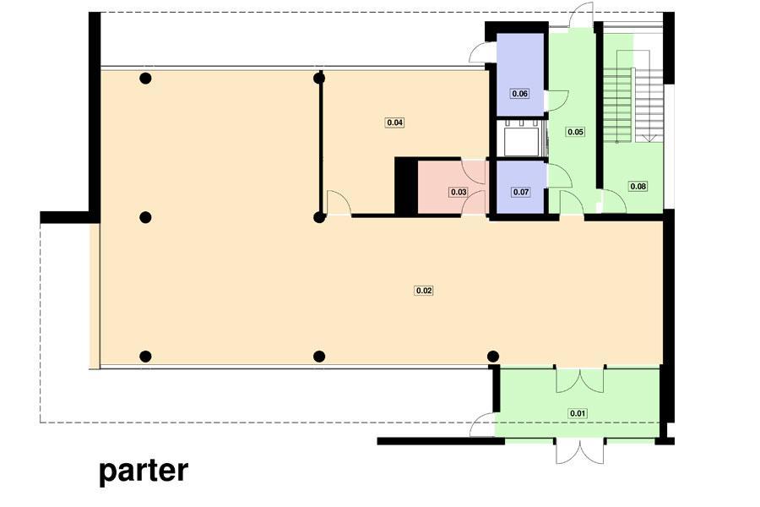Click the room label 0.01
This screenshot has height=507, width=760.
[x=578, y=413]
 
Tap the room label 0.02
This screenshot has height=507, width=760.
[x=424, y=291]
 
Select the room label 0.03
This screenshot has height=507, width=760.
[x=459, y=192]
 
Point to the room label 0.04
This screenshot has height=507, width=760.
[x=395, y=123]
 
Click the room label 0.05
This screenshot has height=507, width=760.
[x=575, y=132]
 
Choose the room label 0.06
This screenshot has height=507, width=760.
[x=519, y=93]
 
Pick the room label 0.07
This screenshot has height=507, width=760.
[x=520, y=192]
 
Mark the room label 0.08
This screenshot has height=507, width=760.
[x=638, y=186]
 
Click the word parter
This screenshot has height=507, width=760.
[x=144, y=472]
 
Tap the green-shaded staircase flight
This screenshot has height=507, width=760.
[x=617, y=105]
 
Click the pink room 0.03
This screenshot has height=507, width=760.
[x=452, y=188]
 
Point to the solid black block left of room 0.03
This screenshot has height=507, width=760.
[x=406, y=186]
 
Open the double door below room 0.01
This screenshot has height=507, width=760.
[x=579, y=452]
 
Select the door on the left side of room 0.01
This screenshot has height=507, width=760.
[x=482, y=425]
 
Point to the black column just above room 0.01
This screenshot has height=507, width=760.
[x=493, y=357]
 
